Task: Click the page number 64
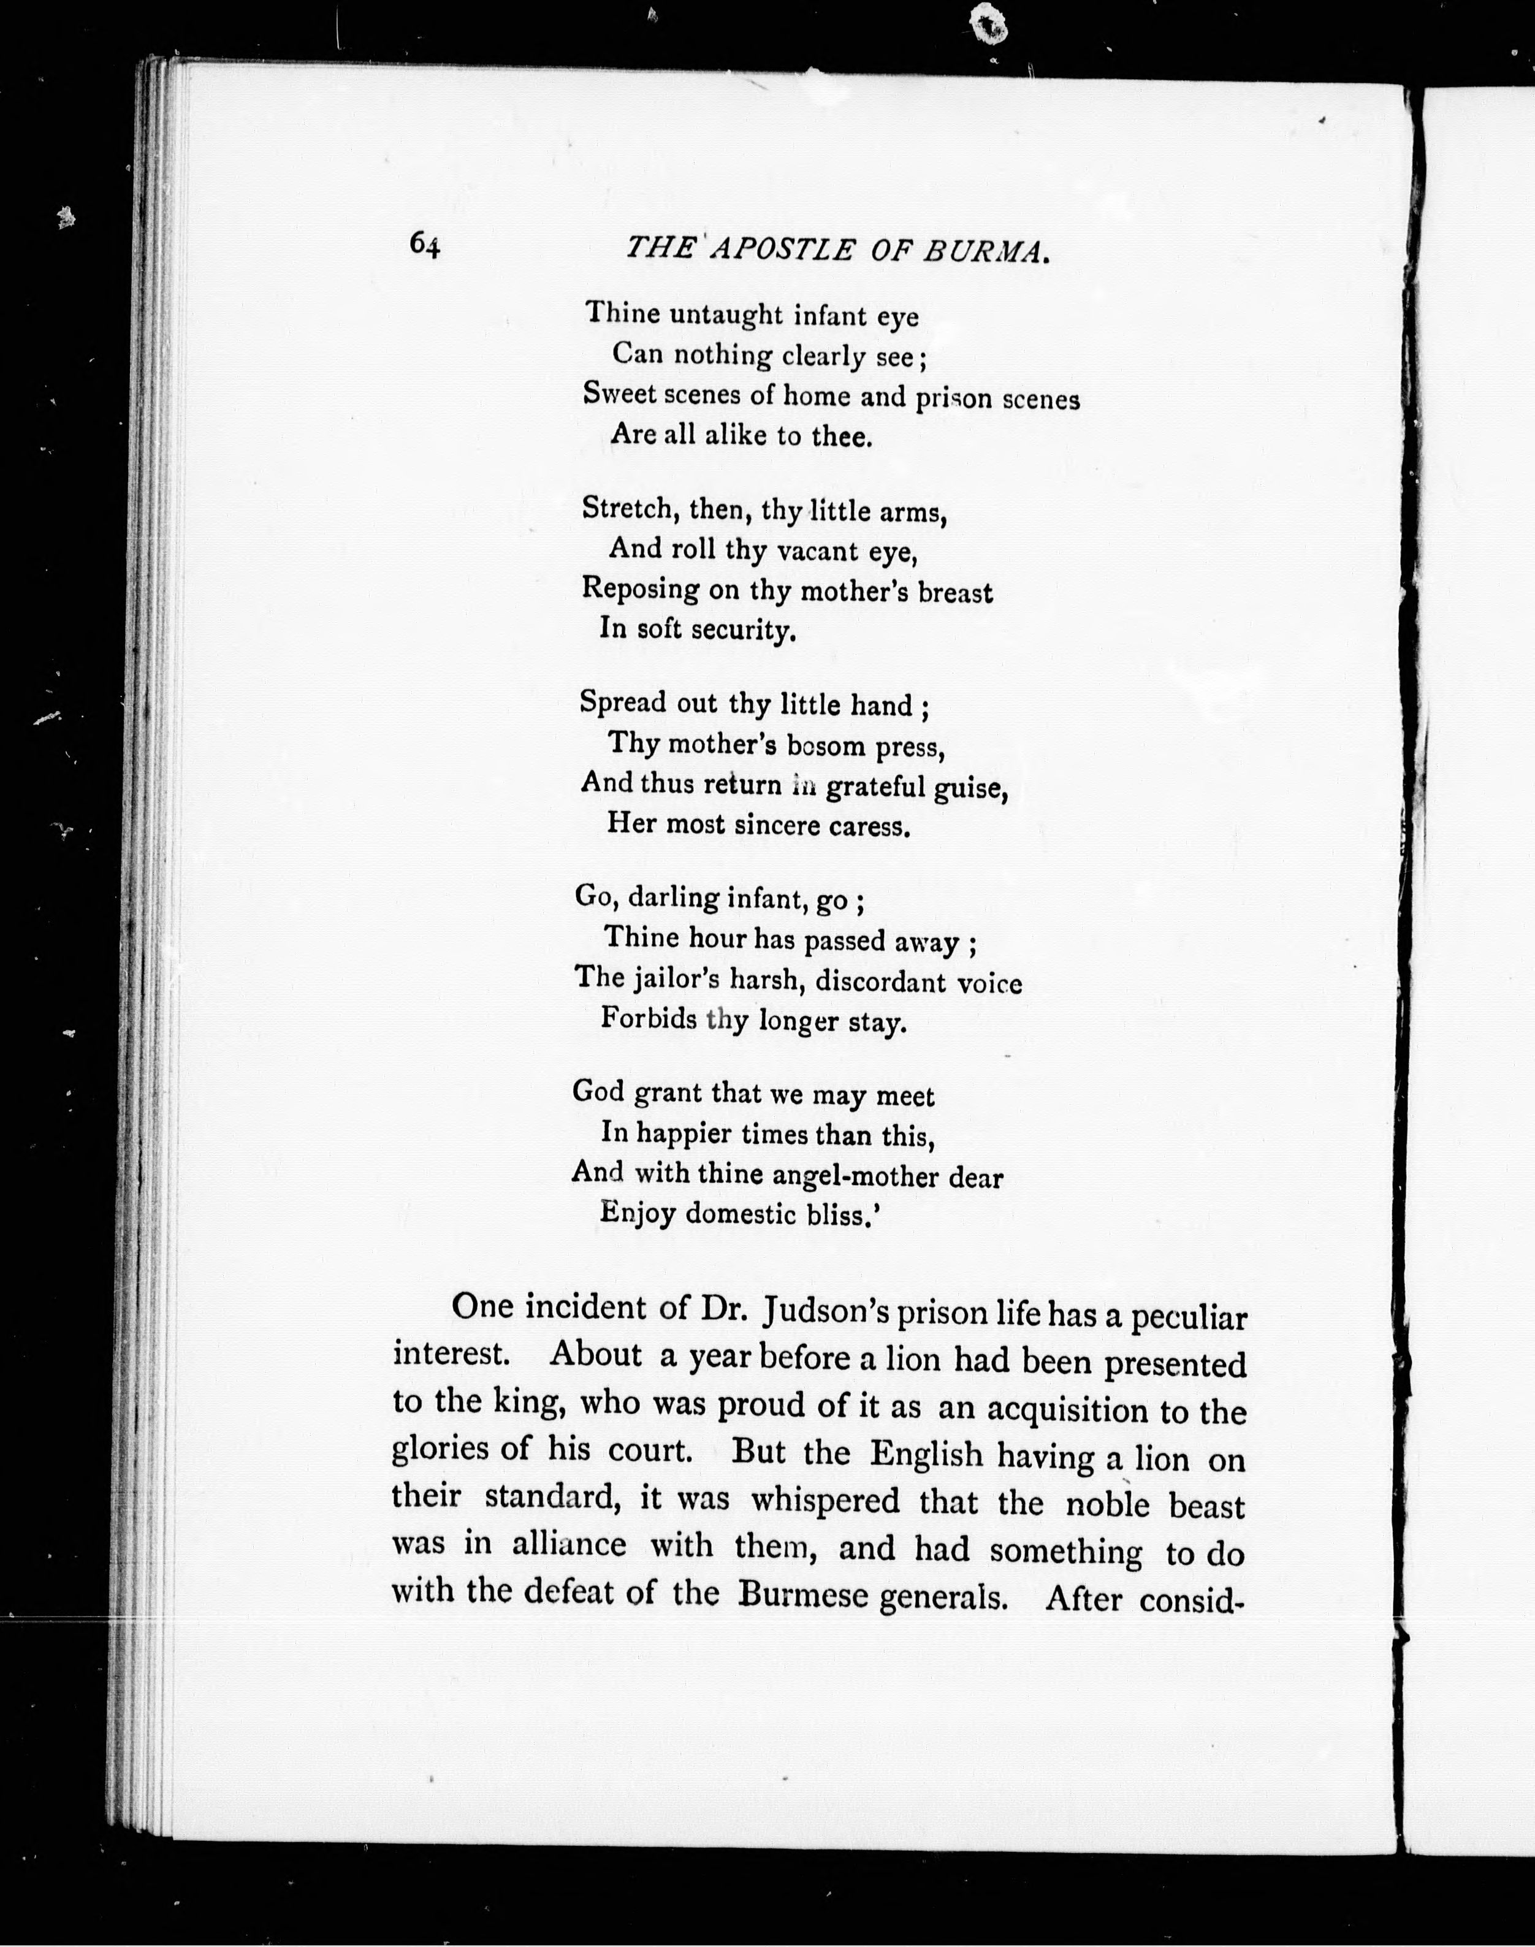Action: [424, 245]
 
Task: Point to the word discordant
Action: [880, 982]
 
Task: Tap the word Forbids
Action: [648, 1019]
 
